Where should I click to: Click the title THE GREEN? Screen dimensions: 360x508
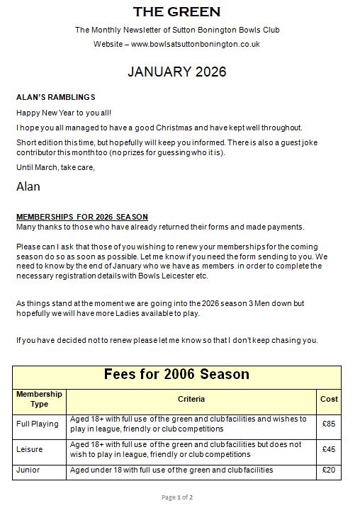(x=177, y=12)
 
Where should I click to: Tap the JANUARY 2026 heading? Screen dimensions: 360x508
(x=176, y=72)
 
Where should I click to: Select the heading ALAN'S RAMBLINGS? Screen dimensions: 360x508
(x=55, y=97)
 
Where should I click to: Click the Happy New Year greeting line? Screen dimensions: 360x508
(x=63, y=113)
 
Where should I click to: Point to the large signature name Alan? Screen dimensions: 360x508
(x=28, y=187)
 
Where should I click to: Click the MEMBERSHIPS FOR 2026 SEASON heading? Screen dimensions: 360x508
(x=81, y=216)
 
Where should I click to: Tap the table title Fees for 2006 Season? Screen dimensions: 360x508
(x=176, y=374)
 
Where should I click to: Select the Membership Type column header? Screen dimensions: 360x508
(x=39, y=399)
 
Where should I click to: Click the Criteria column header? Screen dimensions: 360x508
(x=191, y=399)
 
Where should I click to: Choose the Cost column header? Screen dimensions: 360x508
(x=329, y=399)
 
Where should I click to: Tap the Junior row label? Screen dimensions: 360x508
(x=28, y=470)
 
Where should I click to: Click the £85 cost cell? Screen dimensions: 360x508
(x=329, y=424)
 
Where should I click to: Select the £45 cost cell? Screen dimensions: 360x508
(x=329, y=449)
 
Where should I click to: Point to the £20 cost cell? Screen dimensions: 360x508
(x=329, y=470)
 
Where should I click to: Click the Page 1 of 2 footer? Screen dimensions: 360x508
(x=176, y=497)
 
